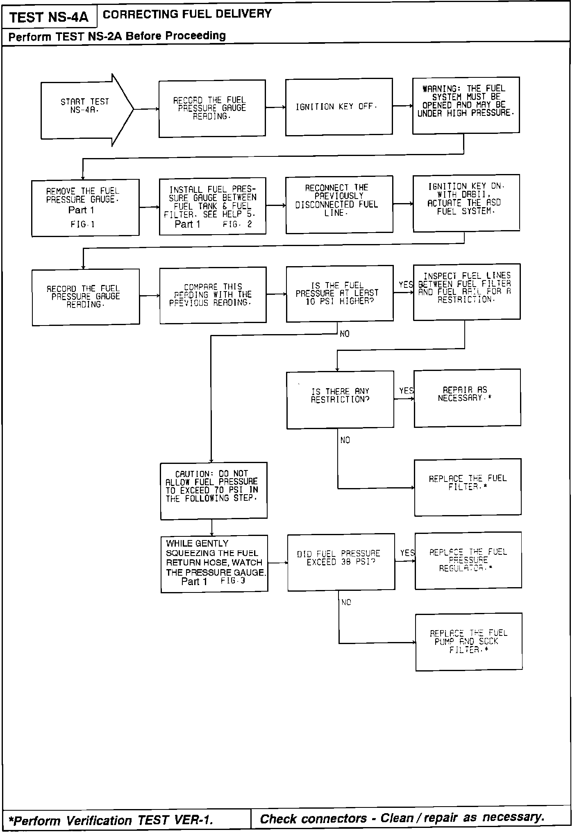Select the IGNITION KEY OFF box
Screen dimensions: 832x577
[x=338, y=107]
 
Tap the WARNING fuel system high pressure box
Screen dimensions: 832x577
[x=466, y=105]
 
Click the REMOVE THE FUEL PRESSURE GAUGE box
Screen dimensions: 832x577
[x=85, y=207]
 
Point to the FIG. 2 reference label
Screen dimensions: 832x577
[x=238, y=224]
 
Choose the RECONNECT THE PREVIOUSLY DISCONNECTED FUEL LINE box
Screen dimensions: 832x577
[x=339, y=204]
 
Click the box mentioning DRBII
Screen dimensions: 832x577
[x=466, y=203]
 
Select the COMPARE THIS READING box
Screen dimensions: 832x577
[x=212, y=295]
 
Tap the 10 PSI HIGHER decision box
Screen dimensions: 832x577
[x=339, y=293]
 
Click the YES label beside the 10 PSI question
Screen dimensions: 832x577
[x=406, y=285]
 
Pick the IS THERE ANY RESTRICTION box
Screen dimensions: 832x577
[x=340, y=400]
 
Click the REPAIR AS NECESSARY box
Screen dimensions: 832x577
[x=467, y=398]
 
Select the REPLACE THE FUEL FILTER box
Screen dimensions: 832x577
[x=468, y=487]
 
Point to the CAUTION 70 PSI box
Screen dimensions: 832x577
[x=214, y=491]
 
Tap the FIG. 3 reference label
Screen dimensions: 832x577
[x=232, y=581]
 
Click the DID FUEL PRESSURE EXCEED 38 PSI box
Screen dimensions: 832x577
[x=341, y=562]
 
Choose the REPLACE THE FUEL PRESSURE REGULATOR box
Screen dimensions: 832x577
[x=468, y=560]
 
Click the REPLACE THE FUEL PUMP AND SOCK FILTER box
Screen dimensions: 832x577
[x=469, y=642]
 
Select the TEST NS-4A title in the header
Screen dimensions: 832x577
[x=49, y=17]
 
